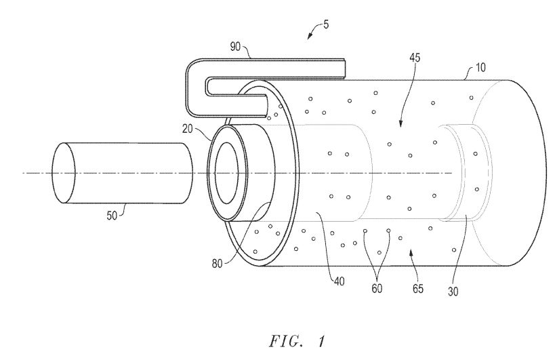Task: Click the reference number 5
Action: tap(326, 25)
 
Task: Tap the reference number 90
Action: tap(236, 47)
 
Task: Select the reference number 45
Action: tap(415, 58)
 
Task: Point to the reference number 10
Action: tap(480, 67)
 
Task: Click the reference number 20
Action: tap(188, 129)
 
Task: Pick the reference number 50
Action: tap(112, 215)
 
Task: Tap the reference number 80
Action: tap(218, 263)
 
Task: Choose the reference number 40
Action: tap(339, 282)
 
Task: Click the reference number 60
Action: tap(377, 289)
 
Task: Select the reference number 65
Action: tap(418, 289)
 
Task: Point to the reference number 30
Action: tap(453, 292)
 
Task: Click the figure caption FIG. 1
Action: tap(297, 342)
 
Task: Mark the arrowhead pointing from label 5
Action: tap(310, 36)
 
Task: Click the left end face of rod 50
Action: tap(64, 173)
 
